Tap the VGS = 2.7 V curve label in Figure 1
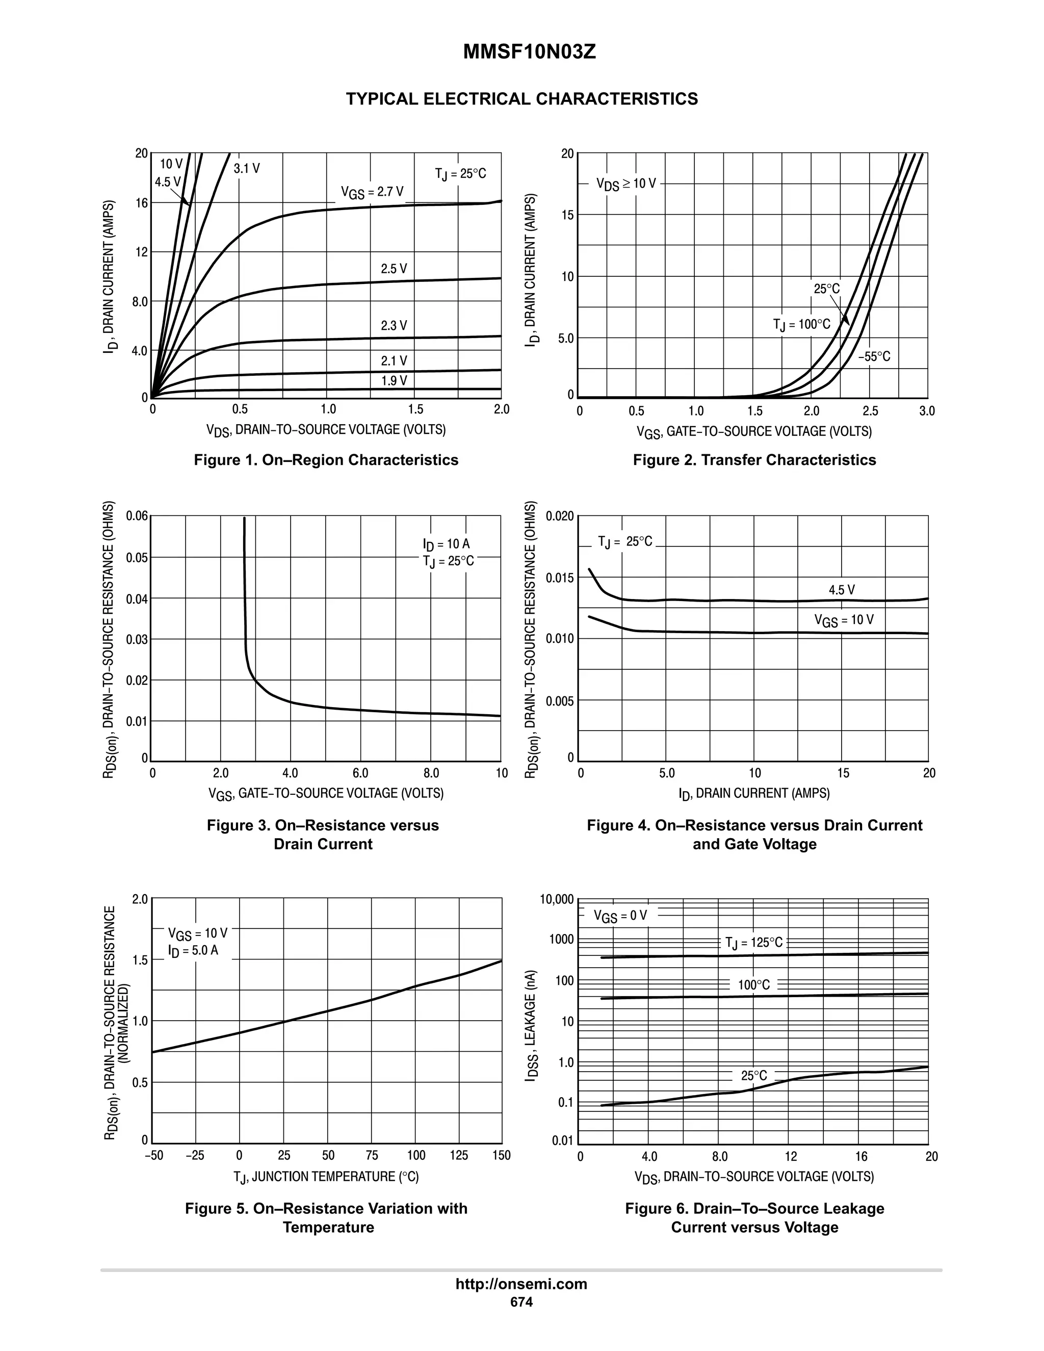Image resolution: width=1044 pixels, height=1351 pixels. point(372,192)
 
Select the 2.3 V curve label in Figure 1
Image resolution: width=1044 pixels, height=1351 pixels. point(394,325)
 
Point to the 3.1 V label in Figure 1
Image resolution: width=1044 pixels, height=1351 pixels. point(247,169)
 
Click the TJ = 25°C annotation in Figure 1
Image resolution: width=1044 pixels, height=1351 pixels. point(460,174)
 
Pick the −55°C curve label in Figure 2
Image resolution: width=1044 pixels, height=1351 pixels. point(874,357)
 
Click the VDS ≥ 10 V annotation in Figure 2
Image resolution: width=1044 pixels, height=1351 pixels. point(626,184)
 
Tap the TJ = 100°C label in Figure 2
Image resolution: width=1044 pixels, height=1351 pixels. point(801,325)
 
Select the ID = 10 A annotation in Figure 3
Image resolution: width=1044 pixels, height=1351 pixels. point(446,544)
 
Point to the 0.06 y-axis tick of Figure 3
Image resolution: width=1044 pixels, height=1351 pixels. point(137,516)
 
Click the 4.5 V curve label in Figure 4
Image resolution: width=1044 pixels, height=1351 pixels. point(842,590)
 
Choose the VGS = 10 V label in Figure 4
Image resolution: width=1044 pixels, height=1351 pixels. point(844,620)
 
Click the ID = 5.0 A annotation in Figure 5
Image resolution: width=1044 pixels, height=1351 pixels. point(193,950)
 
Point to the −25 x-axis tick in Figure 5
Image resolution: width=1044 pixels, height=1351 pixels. point(195,1156)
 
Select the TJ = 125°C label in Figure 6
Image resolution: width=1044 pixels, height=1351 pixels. point(754,943)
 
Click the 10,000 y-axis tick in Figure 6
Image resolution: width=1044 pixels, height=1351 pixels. point(557,899)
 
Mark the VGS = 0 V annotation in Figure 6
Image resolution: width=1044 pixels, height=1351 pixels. point(620,916)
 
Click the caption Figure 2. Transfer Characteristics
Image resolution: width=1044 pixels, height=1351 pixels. point(754,460)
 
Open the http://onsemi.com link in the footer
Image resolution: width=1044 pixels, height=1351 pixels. point(521,1284)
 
